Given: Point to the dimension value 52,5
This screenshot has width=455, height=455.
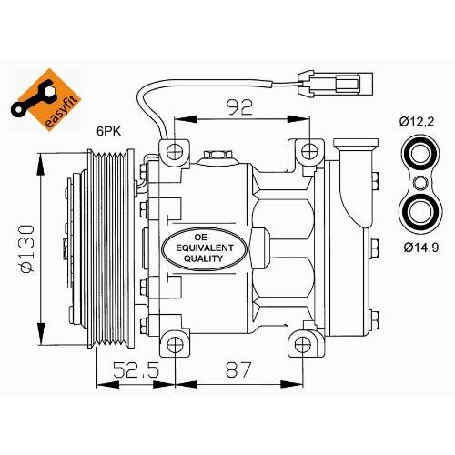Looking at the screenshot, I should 129,370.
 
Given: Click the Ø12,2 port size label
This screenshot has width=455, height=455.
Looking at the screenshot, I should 421,121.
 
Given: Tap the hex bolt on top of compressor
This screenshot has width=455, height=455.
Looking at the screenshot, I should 216,157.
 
